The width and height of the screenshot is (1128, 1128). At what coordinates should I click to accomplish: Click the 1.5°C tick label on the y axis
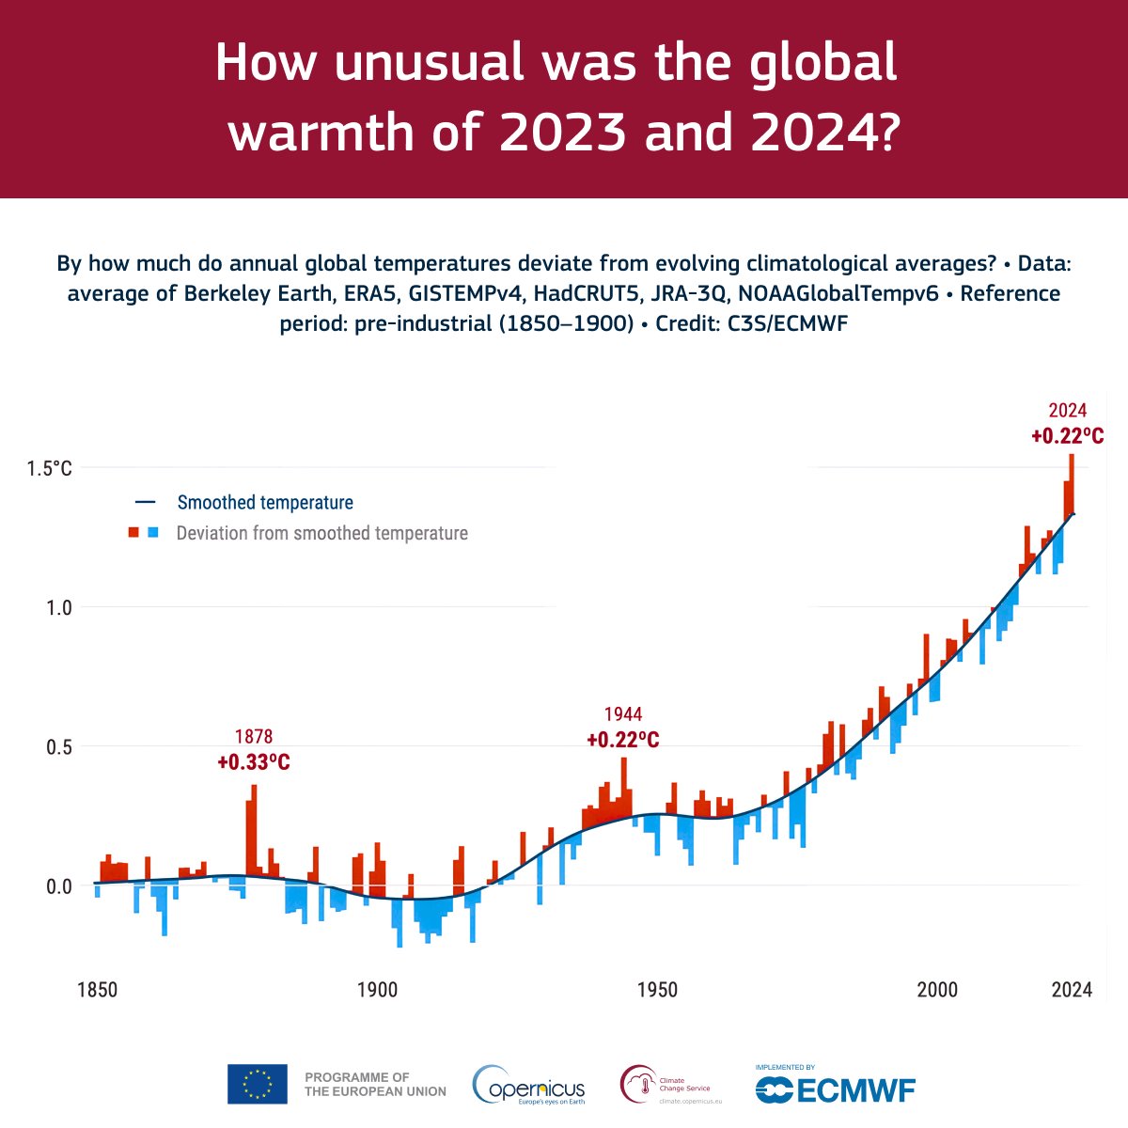48,468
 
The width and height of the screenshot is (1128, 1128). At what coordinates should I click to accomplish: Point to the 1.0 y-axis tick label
57,607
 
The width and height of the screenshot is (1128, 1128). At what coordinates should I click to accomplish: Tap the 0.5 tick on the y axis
57,746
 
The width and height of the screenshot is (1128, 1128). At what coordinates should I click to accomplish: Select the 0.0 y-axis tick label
57,885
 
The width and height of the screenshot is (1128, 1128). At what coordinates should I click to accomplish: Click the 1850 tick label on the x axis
97,990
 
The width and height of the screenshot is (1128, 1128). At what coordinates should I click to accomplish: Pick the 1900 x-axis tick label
376,990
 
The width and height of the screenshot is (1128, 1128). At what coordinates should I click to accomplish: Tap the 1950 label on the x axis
657,990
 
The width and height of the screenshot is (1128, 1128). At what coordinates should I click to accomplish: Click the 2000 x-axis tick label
938,990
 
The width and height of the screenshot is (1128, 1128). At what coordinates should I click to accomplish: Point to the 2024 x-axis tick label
1072,990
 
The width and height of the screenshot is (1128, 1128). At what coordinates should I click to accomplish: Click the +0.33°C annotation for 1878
254,762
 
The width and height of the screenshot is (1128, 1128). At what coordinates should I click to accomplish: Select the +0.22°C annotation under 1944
622,740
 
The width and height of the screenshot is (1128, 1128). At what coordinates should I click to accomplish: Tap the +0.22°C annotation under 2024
1067,436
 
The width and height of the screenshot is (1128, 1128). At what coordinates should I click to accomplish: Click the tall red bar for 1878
254,827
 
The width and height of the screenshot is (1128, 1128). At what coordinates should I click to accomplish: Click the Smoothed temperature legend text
265,503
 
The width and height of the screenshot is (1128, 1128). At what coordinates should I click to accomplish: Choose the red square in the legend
133,533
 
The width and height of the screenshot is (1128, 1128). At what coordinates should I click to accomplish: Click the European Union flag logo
257,1084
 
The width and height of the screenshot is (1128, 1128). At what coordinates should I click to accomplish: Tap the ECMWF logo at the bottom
836,1088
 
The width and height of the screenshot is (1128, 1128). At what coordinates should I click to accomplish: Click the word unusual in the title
418,64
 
